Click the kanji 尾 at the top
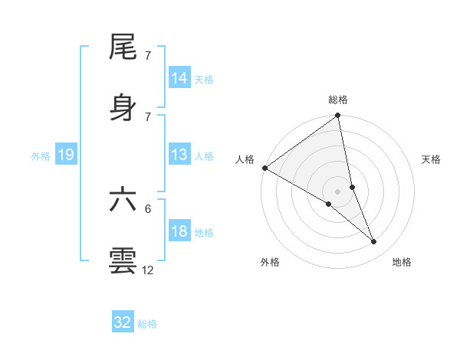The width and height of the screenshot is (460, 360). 123,48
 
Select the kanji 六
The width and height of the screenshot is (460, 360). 123,200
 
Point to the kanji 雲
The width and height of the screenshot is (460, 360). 123,260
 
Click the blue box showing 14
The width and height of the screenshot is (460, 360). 179,78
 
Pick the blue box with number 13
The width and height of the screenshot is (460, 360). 179,155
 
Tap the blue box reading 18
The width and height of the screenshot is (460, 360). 179,231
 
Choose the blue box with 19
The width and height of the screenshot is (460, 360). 66,155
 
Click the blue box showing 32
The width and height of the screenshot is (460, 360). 123,322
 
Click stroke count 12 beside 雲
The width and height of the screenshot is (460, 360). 148,270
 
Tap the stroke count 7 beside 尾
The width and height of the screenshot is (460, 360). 148,57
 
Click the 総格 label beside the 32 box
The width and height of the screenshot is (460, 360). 147,324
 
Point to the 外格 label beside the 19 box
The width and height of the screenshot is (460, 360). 41,156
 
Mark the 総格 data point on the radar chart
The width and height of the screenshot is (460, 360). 337,116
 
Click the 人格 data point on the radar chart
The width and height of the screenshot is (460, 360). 264,168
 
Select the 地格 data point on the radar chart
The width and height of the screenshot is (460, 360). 374,241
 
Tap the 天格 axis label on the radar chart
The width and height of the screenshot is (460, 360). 432,159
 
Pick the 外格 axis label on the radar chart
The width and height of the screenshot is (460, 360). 270,262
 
